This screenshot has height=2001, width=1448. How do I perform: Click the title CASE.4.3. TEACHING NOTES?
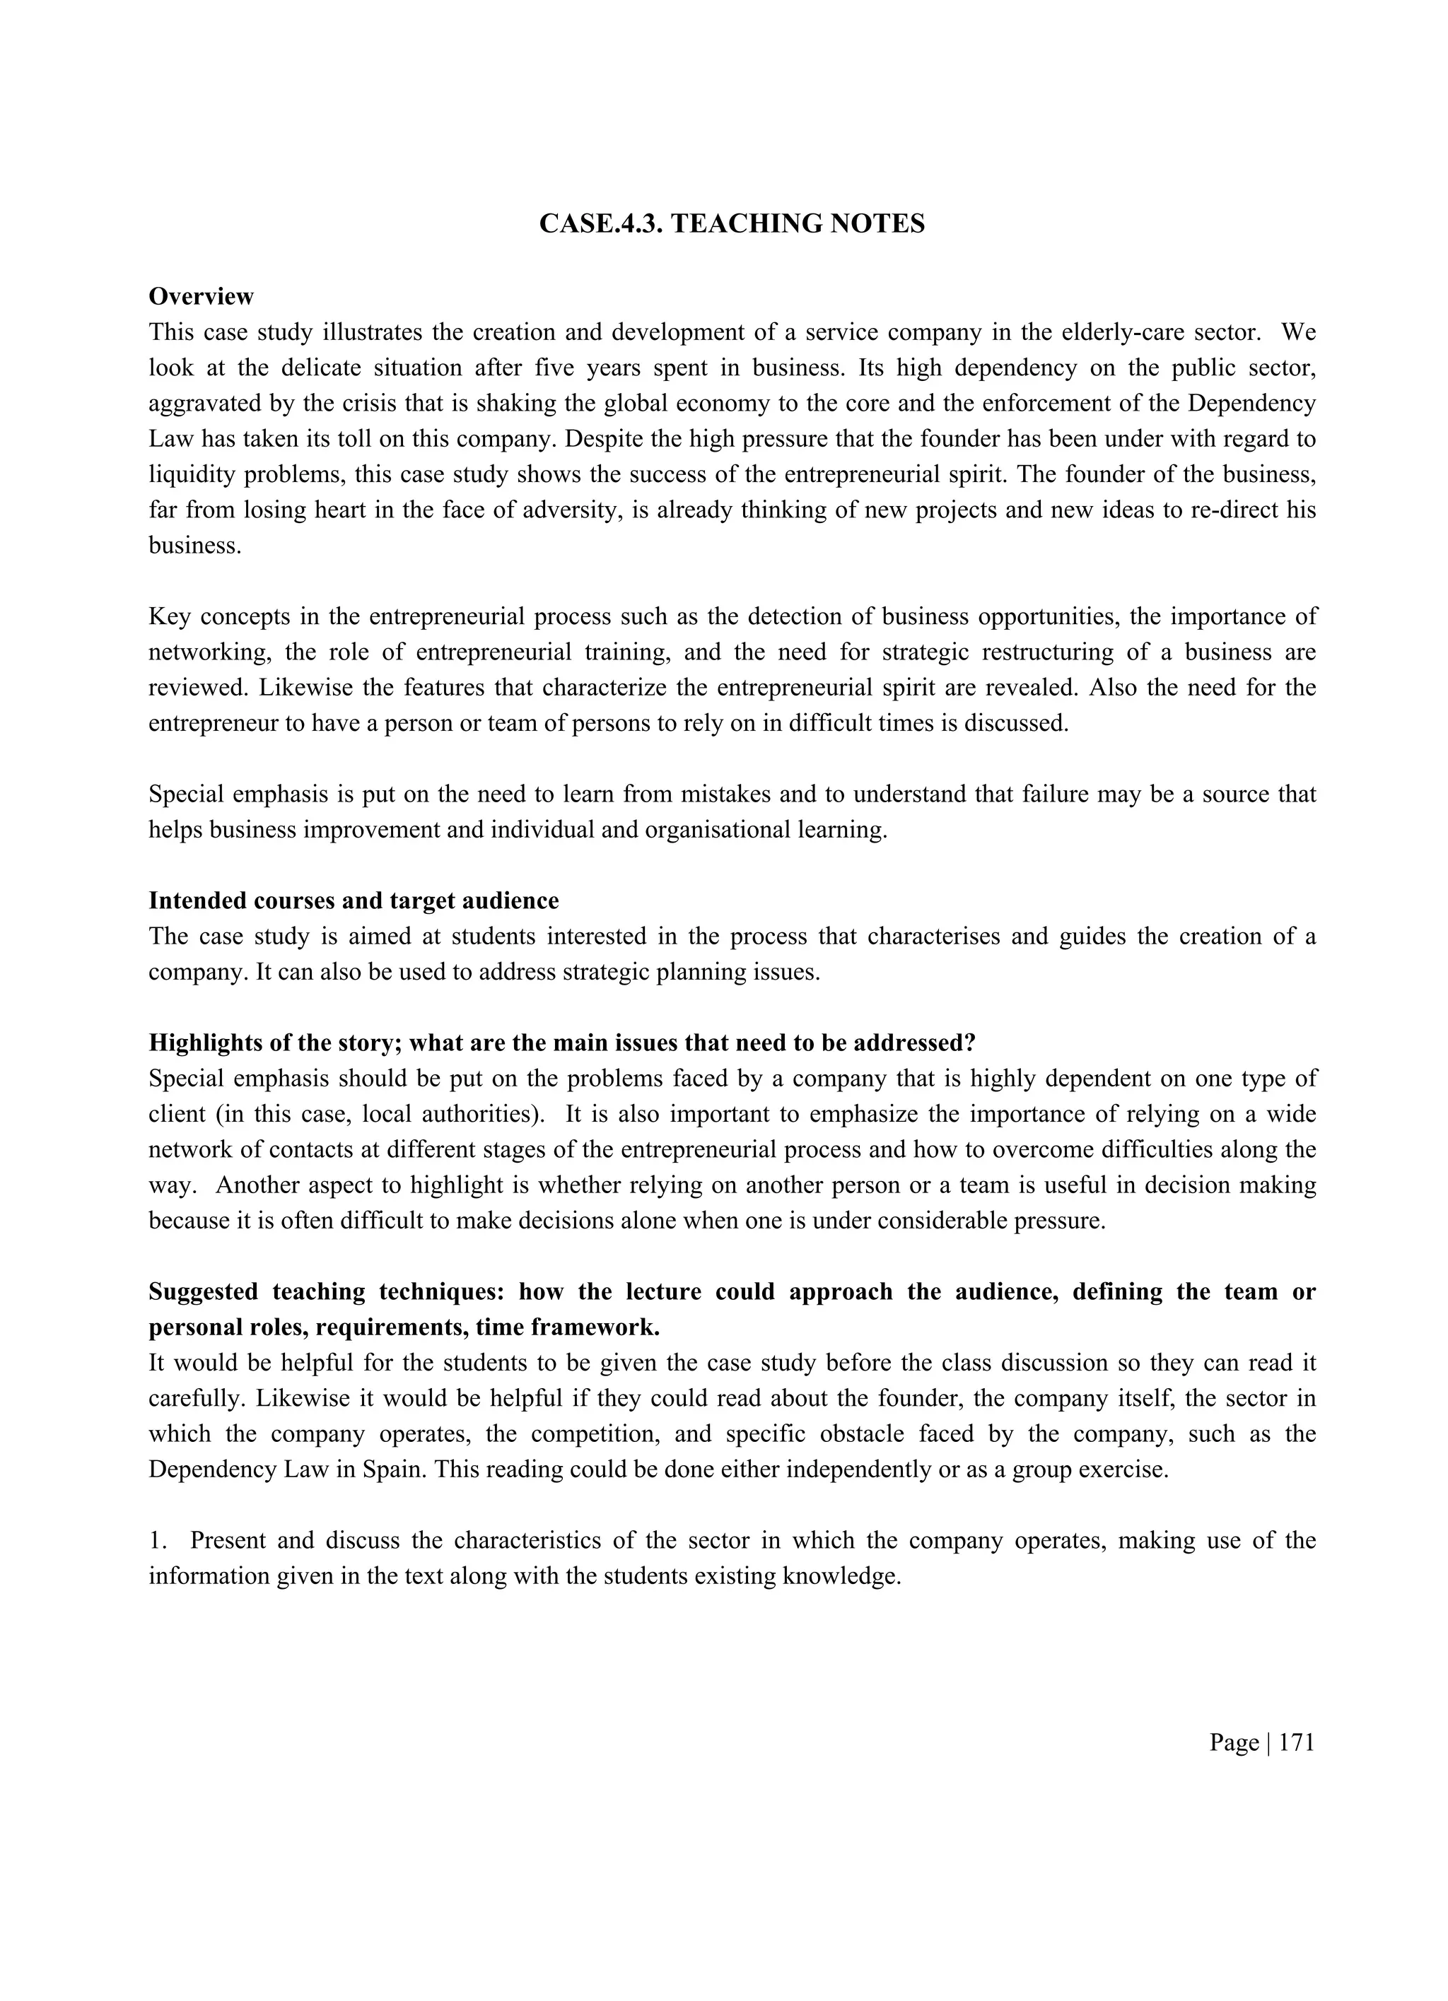732,224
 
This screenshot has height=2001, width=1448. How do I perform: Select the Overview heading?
202,296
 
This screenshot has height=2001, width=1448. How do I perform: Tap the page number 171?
1296,1742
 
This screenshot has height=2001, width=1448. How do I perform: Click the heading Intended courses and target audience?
354,900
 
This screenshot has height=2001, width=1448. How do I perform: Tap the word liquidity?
194,475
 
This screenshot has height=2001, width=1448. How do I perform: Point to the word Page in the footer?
1234,1742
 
